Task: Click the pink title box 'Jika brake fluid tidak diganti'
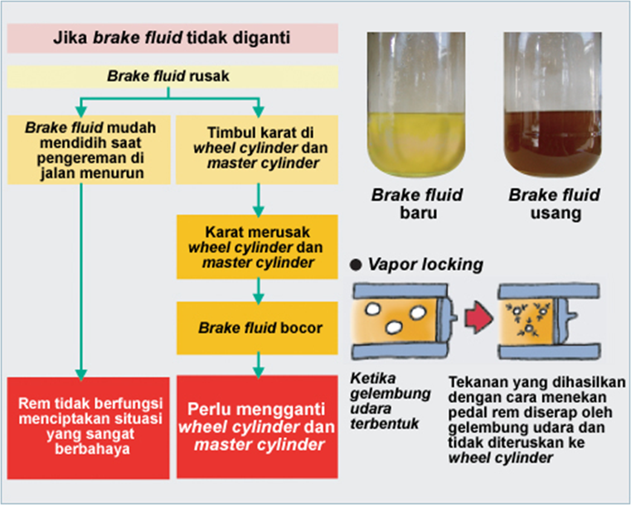[x=172, y=38]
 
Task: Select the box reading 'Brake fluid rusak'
[x=172, y=77]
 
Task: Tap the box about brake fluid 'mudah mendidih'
[x=82, y=149]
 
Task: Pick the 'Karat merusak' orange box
[x=257, y=247]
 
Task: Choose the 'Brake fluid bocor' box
[x=257, y=328]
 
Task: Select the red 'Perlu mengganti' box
[x=257, y=427]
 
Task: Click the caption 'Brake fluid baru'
[x=417, y=204]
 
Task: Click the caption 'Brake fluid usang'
[x=554, y=204]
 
